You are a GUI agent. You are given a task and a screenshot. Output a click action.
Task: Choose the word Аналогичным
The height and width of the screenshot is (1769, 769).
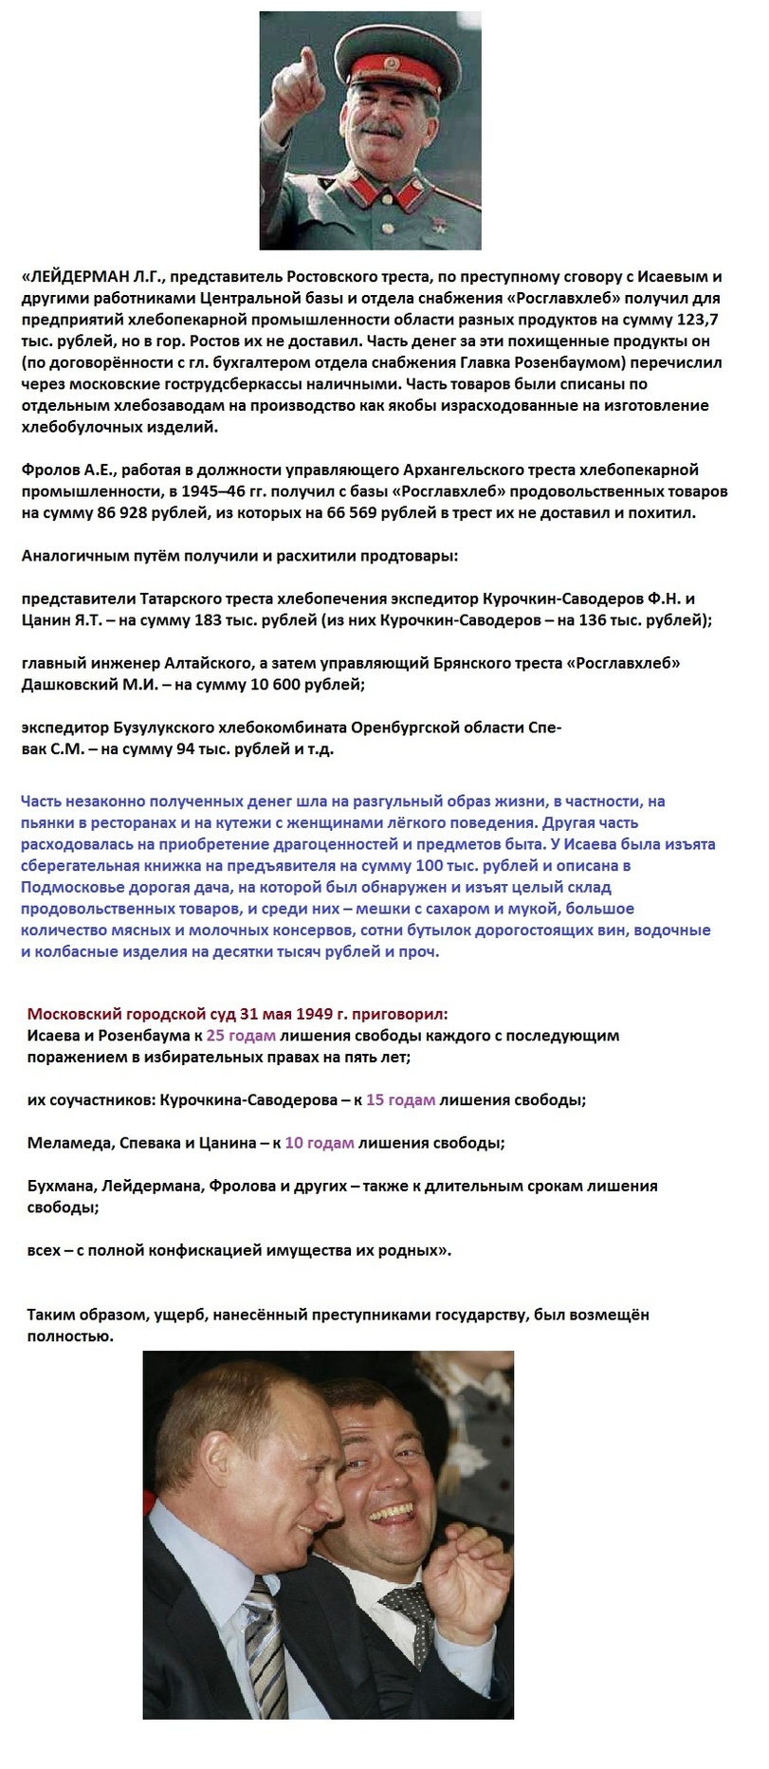click(70, 556)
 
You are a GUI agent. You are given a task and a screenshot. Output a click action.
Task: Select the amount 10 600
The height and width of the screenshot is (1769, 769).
click(251, 684)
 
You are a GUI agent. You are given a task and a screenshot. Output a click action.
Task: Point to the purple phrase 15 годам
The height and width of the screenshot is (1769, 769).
click(400, 1100)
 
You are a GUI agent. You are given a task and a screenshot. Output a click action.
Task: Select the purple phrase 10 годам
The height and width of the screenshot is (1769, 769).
click(320, 1143)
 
